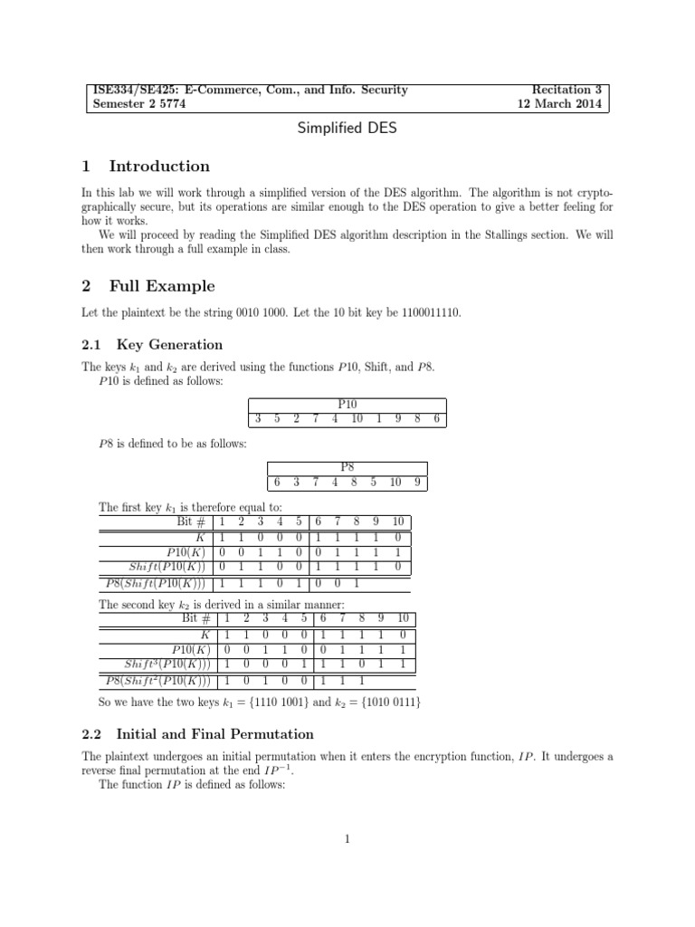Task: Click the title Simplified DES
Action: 347,129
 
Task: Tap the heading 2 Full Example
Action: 148,287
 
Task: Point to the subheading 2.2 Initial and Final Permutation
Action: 197,734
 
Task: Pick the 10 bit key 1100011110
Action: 427,312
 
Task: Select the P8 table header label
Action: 347,467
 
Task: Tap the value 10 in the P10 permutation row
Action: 357,419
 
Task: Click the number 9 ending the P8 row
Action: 417,482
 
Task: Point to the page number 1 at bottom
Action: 347,839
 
